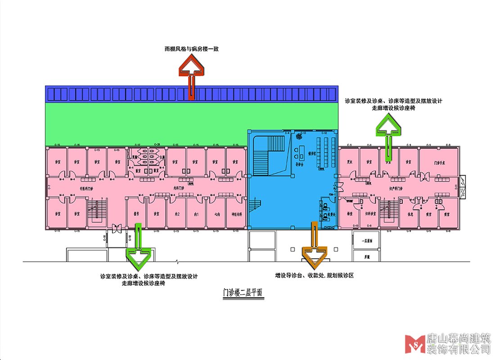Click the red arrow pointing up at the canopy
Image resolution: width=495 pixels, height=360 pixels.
pos(192,72)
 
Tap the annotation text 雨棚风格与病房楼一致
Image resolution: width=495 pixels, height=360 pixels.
pos(191,49)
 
